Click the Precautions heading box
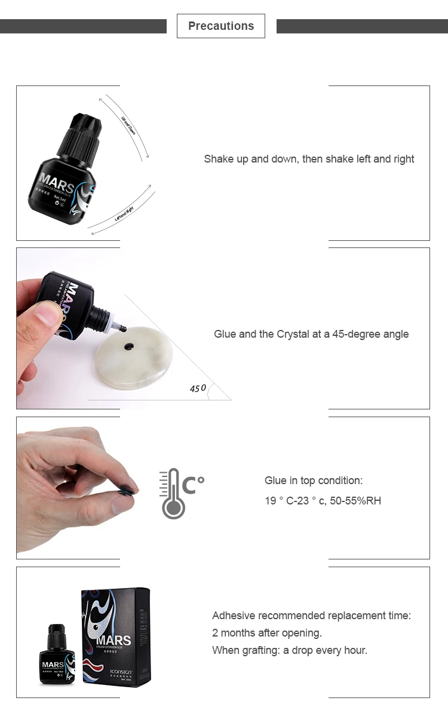220,26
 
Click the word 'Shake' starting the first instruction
218,159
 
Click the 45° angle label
198,388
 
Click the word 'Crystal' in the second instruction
292,334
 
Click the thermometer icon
172,493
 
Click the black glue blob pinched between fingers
128,491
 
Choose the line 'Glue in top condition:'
314,481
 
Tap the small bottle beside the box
57,655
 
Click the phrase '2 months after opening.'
267,633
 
